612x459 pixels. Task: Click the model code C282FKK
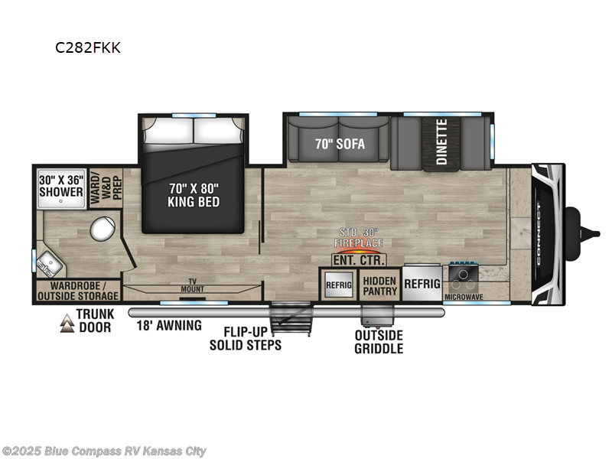pyautogui.click(x=87, y=47)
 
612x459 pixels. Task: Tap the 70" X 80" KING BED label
pyautogui.click(x=194, y=196)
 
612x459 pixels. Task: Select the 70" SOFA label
pyautogui.click(x=340, y=144)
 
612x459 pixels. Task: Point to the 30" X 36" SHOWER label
pyautogui.click(x=61, y=186)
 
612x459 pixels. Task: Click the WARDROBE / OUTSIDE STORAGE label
pyautogui.click(x=77, y=291)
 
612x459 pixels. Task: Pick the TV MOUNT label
pyautogui.click(x=192, y=285)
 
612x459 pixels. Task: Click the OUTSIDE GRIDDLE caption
pyautogui.click(x=378, y=342)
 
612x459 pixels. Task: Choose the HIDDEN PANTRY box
pyautogui.click(x=379, y=286)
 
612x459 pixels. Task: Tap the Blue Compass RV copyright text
pyautogui.click(x=104, y=451)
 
